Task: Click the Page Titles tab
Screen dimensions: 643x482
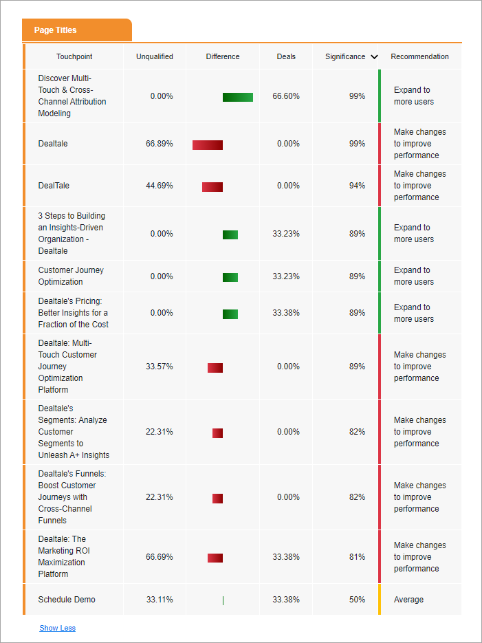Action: (x=56, y=30)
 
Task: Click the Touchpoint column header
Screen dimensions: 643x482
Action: (x=74, y=56)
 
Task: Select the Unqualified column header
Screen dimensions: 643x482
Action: (x=155, y=56)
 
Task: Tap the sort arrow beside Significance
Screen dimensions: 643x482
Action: (x=374, y=57)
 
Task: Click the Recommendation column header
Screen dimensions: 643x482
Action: (x=419, y=56)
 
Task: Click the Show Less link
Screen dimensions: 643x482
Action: (x=58, y=628)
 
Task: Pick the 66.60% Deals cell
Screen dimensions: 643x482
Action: (x=286, y=96)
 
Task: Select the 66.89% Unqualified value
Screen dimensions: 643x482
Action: (x=160, y=144)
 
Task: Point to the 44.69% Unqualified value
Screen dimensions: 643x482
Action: (x=160, y=186)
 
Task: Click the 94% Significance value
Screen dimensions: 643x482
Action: (x=357, y=186)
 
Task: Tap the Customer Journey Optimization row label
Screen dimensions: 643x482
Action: (x=71, y=276)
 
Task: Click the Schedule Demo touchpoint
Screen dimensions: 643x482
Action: (x=67, y=600)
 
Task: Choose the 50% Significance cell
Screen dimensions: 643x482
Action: (x=357, y=600)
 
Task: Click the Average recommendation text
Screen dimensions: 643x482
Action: (x=408, y=600)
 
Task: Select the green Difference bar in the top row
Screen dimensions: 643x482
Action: (x=238, y=97)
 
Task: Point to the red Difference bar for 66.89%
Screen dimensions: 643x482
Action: (x=208, y=144)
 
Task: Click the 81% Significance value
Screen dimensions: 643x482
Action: (x=357, y=557)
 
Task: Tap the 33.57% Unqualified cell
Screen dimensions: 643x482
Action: (x=160, y=367)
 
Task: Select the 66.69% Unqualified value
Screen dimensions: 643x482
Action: (x=160, y=557)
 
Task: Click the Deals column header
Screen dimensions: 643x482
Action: (x=287, y=56)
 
